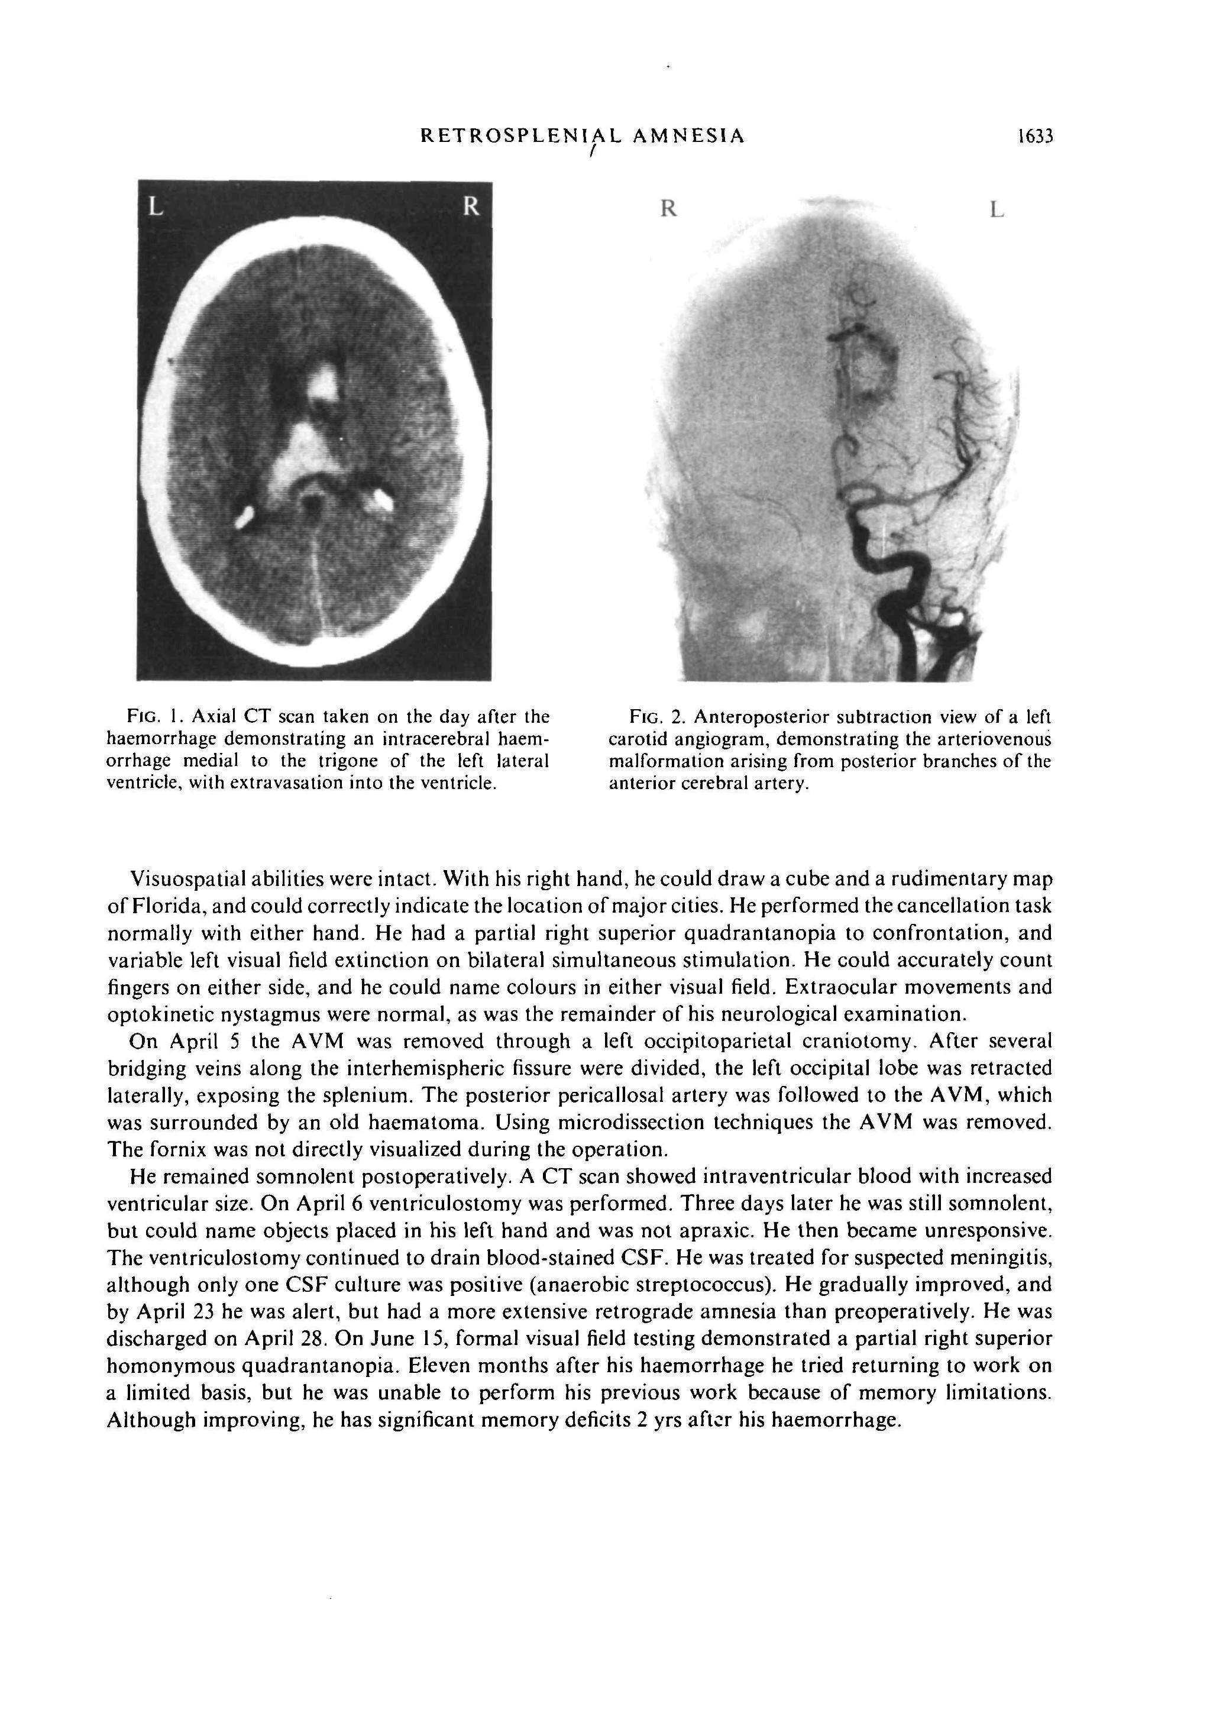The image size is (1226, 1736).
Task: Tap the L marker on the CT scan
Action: tap(155, 206)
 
